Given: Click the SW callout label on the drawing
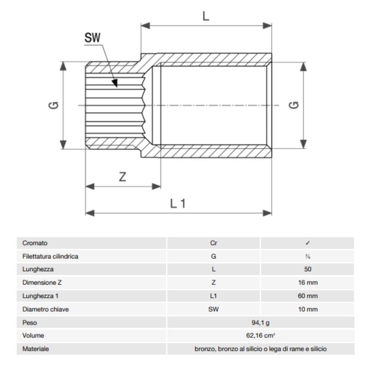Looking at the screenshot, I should (x=93, y=38).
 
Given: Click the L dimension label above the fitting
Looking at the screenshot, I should (x=206, y=16).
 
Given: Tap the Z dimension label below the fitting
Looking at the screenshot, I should (x=123, y=177).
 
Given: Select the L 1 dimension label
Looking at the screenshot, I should (x=178, y=204).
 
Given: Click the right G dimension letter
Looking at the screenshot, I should (x=294, y=105).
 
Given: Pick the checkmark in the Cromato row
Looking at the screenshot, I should (x=308, y=243).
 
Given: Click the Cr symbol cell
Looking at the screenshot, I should (x=214, y=243).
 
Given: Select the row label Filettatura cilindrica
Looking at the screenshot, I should (x=50, y=256).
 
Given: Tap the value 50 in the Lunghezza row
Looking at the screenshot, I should (x=308, y=269).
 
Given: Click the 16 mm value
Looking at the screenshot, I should (x=308, y=283).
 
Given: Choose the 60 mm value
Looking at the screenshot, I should (x=308, y=296).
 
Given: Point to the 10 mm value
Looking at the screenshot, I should (x=308, y=309).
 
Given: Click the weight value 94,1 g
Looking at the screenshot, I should (x=261, y=323).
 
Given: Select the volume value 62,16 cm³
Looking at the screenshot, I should (x=261, y=336).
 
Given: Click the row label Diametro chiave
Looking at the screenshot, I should (x=46, y=309).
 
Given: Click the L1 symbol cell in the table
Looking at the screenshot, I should (x=214, y=296).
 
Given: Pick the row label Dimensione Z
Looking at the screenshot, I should (x=43, y=283).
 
